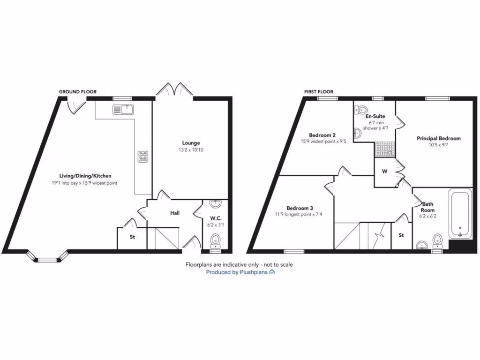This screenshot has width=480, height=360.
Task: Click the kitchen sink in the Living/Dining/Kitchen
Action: click(123, 110)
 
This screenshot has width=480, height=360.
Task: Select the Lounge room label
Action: click(191, 143)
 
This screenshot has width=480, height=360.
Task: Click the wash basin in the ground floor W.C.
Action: click(216, 204)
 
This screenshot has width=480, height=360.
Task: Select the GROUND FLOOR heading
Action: click(77, 92)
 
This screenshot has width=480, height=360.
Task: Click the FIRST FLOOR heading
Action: click(319, 92)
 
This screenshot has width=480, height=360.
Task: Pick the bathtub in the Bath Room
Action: click(460, 213)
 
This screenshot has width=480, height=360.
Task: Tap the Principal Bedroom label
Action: click(439, 138)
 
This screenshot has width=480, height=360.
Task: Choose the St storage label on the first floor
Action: click(401, 235)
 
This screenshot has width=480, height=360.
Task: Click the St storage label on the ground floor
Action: click(133, 237)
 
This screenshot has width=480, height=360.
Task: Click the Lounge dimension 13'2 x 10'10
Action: click(191, 150)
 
